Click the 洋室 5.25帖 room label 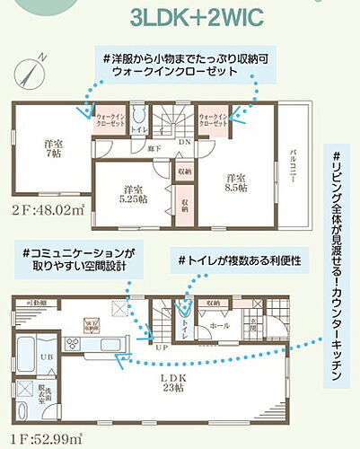pyautogui.click(x=135, y=193)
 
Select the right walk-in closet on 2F pyautogui.click(x=212, y=120)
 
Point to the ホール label pyautogui.click(x=218, y=328)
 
